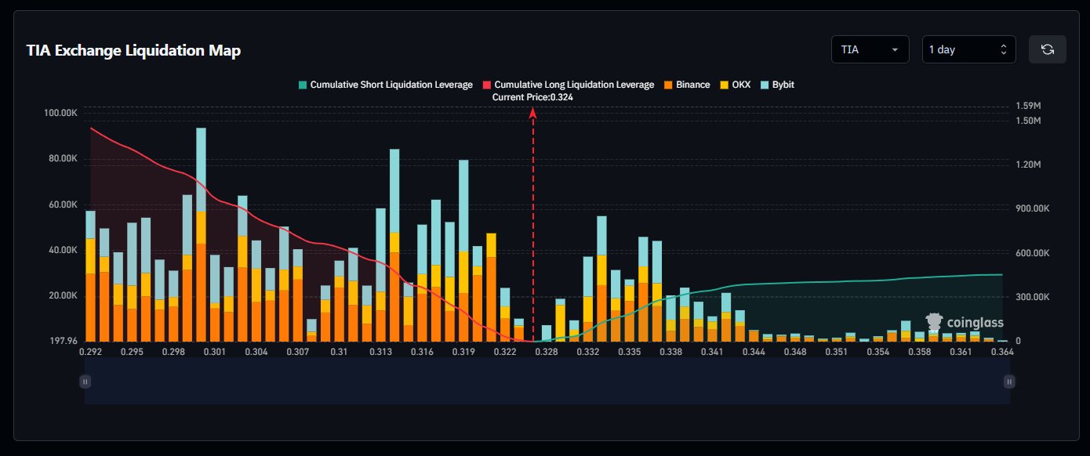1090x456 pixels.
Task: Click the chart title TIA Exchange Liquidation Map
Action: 133,51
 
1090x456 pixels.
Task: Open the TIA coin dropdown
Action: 870,49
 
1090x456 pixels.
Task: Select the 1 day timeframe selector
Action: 968,49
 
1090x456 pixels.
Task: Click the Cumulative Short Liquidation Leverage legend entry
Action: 385,85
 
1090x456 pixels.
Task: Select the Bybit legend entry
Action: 778,85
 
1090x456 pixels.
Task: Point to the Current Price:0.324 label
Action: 532,97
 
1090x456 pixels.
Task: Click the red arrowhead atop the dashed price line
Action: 533,113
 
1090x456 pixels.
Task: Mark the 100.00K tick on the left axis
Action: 61,113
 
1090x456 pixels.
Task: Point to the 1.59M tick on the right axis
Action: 1027,106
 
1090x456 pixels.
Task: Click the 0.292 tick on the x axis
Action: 91,353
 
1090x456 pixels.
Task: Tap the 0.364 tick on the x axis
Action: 1002,353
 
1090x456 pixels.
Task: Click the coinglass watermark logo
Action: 964,322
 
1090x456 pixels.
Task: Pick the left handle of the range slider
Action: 85,382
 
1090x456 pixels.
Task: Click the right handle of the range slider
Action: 1009,382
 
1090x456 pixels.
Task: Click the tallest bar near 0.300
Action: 201,235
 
